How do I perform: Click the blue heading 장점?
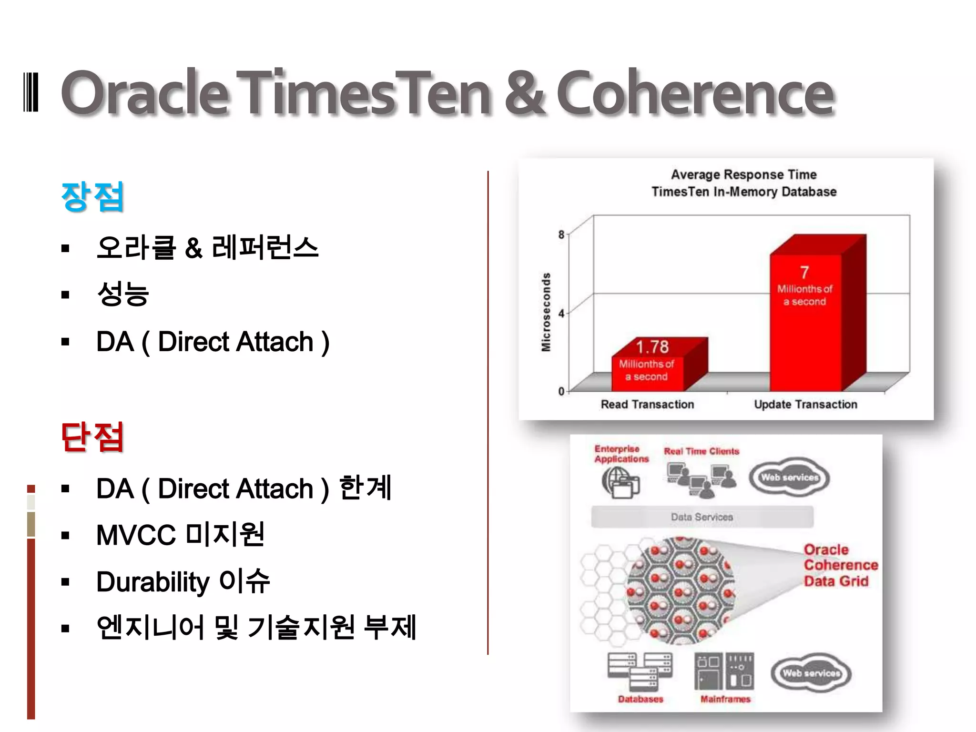tap(92, 196)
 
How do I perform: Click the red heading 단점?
tap(92, 437)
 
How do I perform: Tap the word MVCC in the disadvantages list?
tap(136, 535)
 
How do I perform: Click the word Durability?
tap(152, 582)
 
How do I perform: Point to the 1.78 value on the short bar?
tap(652, 346)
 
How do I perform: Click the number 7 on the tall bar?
tap(804, 272)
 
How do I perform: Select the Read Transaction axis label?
tap(647, 405)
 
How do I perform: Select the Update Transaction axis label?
tap(805, 405)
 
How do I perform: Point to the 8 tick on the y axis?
tap(561, 234)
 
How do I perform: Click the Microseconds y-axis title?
tap(546, 312)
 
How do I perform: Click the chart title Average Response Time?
tap(743, 174)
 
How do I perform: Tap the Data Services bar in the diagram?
tap(702, 517)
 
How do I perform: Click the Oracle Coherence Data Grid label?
tap(840, 565)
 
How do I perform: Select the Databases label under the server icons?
tap(640, 699)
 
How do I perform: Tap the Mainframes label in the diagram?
tap(725, 699)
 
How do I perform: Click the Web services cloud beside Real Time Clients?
tap(789, 478)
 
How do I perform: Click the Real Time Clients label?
tap(701, 451)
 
